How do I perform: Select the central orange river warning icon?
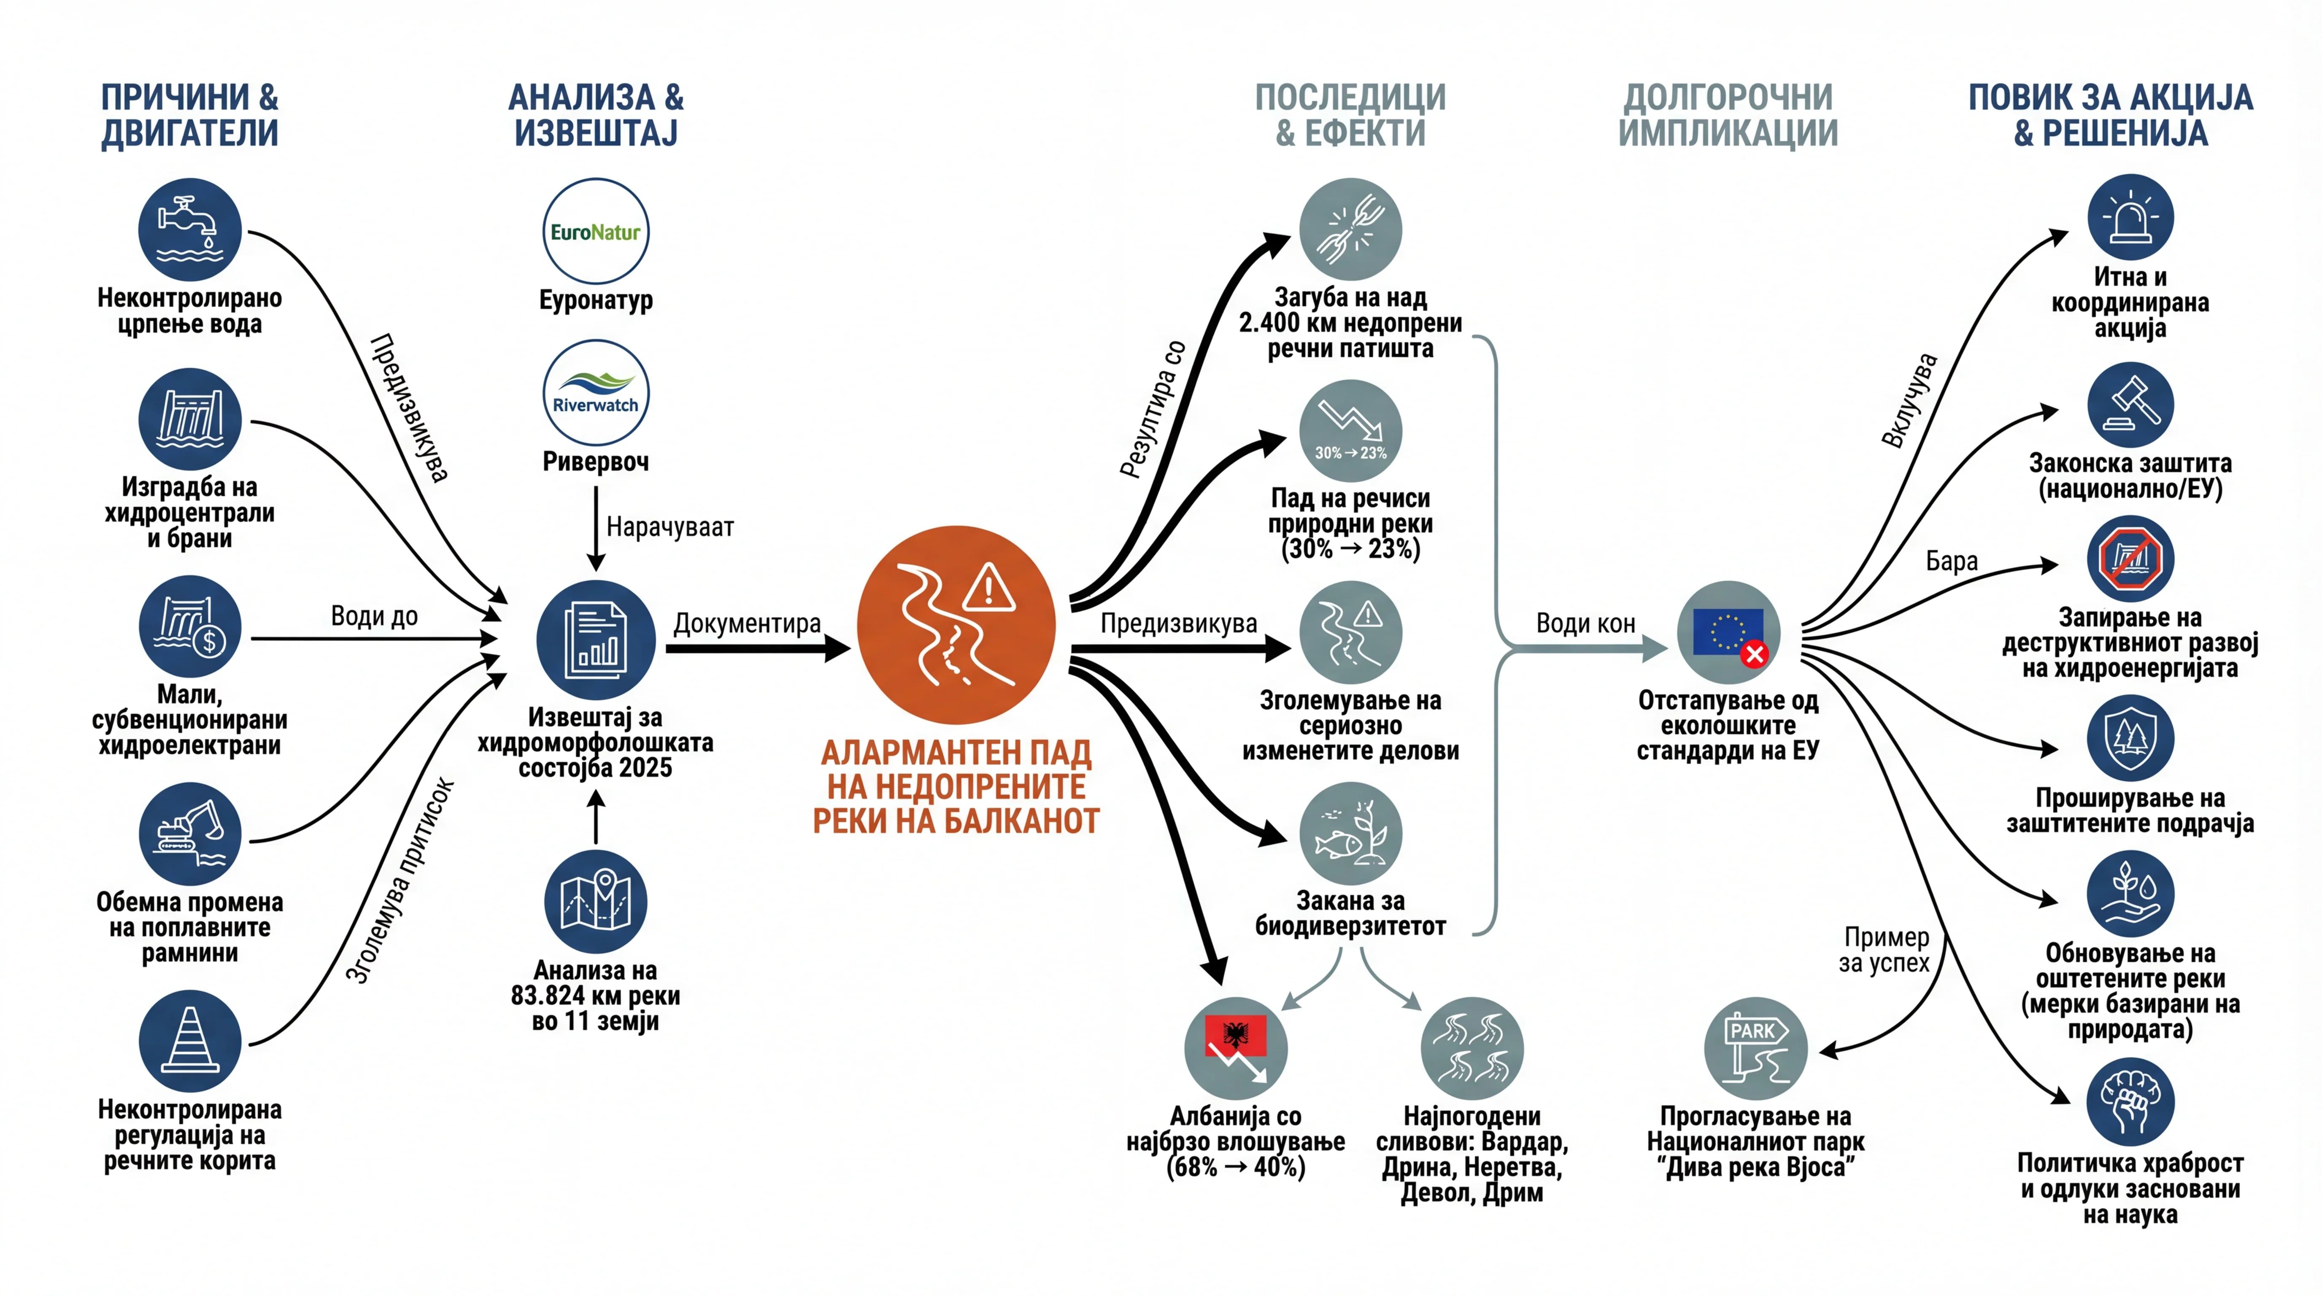[956, 624]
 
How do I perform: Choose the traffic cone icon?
[190, 1041]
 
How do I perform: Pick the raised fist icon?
[2131, 1102]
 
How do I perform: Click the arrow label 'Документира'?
[747, 624]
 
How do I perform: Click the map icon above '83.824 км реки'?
[596, 901]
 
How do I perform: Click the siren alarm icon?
[2131, 217]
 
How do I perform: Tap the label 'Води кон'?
[1585, 624]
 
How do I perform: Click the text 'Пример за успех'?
[1885, 950]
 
